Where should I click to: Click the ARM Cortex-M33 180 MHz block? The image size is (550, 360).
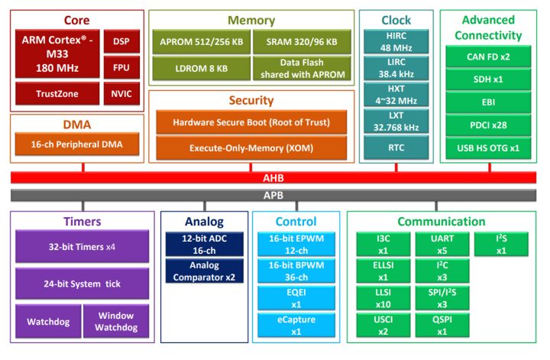[57, 53]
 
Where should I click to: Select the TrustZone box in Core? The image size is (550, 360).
[57, 93]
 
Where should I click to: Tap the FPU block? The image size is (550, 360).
[121, 67]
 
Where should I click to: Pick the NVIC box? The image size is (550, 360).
[121, 93]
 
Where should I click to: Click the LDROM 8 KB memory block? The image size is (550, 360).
[201, 68]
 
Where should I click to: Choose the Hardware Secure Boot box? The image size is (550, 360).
[251, 122]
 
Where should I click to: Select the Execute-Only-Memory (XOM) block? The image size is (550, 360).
[251, 147]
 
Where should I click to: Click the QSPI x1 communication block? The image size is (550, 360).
[442, 326]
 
